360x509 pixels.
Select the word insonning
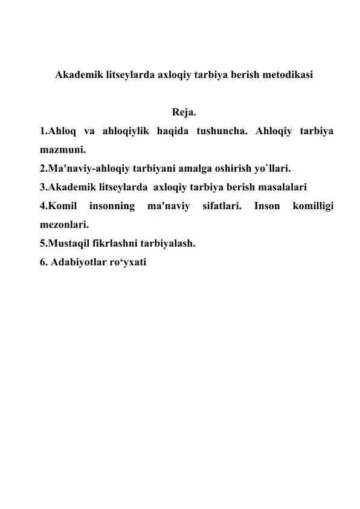[x=112, y=207]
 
